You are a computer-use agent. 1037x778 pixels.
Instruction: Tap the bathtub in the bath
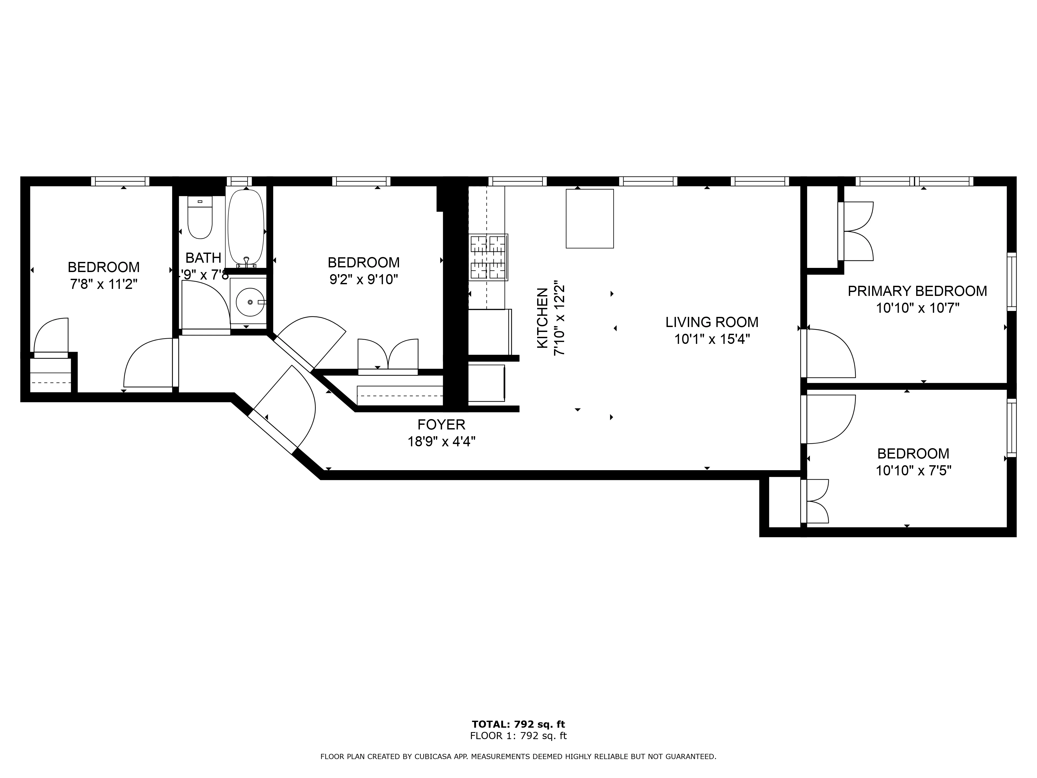[246, 227]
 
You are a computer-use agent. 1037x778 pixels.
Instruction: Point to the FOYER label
[441, 425]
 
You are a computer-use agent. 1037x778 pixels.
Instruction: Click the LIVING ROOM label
[712, 322]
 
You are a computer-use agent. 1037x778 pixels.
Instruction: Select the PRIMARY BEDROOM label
[917, 291]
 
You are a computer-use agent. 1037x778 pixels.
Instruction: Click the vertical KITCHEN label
[542, 318]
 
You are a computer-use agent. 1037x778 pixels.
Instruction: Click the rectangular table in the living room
[589, 219]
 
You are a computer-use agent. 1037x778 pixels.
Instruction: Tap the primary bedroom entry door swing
[830, 353]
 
